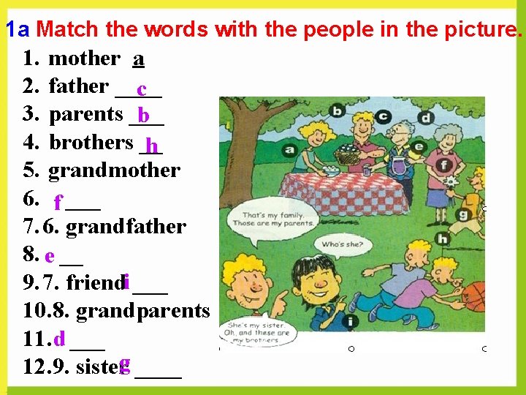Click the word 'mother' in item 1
tap(83, 59)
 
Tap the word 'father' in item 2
tap(78, 86)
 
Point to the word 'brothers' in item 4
tap(91, 142)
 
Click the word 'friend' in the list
tap(95, 282)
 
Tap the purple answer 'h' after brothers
tap(151, 146)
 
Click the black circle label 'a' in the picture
tap(290, 149)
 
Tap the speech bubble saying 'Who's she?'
tap(342, 245)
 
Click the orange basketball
tap(475, 296)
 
